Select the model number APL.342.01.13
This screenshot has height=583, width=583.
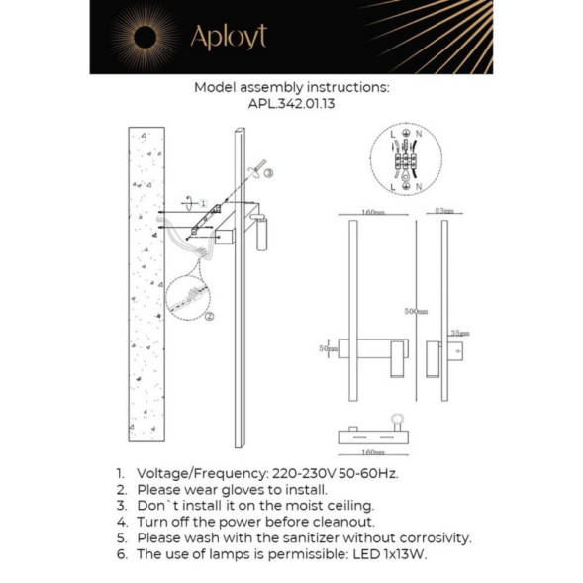tap(292, 103)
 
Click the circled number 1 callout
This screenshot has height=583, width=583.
tap(203, 203)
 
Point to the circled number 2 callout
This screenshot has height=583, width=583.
tap(209, 316)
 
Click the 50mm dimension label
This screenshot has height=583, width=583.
tap(322, 348)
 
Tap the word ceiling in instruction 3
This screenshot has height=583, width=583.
tap(349, 505)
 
